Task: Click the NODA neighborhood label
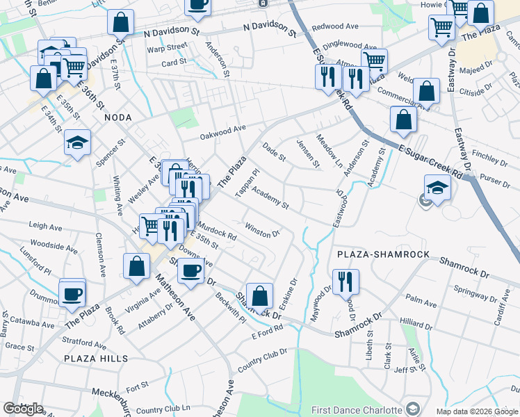click(117, 118)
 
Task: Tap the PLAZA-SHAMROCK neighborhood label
click(382, 255)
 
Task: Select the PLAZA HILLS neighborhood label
click(96, 358)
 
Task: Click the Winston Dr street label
click(262, 230)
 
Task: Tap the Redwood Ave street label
click(335, 26)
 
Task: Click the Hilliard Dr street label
click(416, 322)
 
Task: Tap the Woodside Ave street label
click(54, 246)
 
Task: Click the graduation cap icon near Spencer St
click(78, 142)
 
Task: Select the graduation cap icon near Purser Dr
click(437, 188)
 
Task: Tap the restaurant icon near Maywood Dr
click(346, 281)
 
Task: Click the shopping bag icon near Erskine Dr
click(259, 296)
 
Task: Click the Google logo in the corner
click(23, 409)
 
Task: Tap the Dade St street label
click(274, 152)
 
